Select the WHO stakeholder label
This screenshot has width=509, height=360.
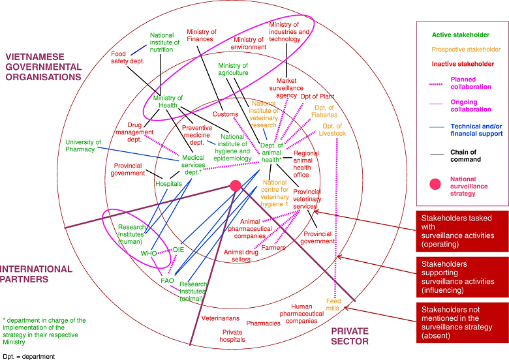click(149, 253)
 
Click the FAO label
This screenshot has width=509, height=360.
click(167, 280)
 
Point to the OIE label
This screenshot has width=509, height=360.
click(179, 250)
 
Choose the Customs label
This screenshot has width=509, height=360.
click(225, 114)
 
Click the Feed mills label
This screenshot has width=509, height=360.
click(333, 305)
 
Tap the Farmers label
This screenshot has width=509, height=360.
click(274, 248)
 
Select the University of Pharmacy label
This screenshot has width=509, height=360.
click(84, 145)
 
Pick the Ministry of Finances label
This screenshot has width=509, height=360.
click(201, 35)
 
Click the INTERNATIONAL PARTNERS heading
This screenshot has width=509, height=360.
click(37, 274)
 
